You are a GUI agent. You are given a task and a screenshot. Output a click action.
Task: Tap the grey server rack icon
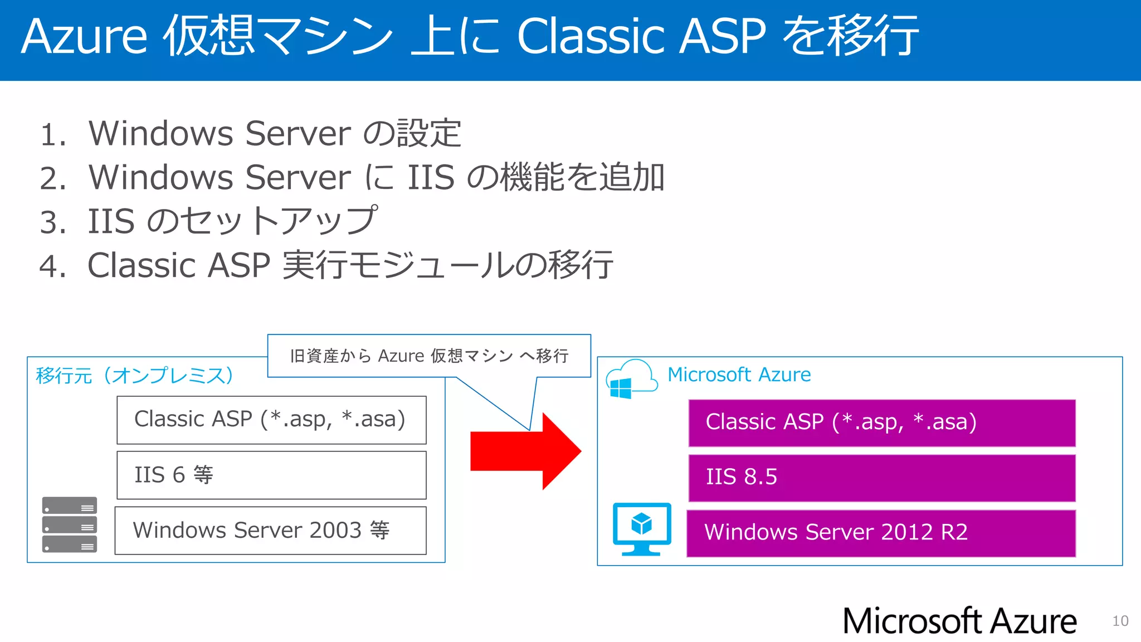coord(70,524)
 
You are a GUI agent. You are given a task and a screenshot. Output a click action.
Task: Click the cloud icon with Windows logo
coord(631,379)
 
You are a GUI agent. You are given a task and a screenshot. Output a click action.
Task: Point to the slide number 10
coord(1120,621)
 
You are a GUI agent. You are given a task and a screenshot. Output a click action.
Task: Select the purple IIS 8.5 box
coord(881,478)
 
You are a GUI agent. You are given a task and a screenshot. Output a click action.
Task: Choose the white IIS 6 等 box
coord(271,475)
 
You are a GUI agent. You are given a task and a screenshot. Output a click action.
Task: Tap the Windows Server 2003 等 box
coord(270,530)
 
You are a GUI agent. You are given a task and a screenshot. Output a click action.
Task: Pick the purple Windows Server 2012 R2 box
coord(881,533)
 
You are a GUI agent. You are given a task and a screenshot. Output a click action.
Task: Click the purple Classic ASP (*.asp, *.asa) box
coord(881,422)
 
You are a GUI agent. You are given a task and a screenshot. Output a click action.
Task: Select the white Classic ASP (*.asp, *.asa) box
coord(271,420)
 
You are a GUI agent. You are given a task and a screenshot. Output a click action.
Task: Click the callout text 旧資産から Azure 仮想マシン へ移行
coord(429,356)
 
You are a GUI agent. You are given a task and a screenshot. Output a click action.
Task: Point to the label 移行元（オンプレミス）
coord(134,376)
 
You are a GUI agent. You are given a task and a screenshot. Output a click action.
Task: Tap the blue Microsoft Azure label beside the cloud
coord(739,374)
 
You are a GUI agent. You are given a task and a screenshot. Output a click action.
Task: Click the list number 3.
coord(52,222)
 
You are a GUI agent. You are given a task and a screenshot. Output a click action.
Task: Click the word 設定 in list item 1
coord(429,134)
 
